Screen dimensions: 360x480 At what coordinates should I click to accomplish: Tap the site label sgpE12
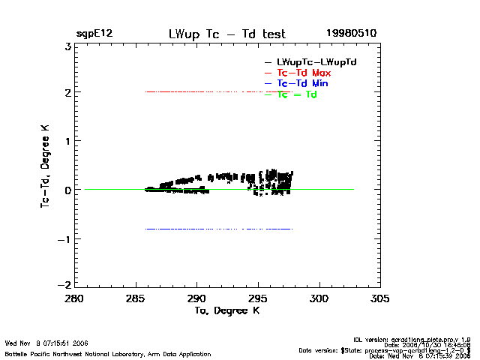click(x=94, y=34)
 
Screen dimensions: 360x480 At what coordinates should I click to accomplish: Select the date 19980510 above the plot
click(x=351, y=34)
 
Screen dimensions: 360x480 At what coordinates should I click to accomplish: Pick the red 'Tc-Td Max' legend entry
click(x=304, y=73)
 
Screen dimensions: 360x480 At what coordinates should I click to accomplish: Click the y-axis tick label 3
click(x=68, y=45)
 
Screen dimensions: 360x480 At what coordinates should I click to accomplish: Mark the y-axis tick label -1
click(x=66, y=239)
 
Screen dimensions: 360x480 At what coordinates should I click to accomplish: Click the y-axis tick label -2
click(x=66, y=286)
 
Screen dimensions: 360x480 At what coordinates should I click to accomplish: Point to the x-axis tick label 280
click(x=74, y=298)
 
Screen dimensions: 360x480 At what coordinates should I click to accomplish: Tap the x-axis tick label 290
click(x=196, y=298)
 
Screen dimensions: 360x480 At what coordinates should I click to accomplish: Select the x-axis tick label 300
click(x=319, y=298)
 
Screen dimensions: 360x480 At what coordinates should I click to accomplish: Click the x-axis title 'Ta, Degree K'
click(x=227, y=310)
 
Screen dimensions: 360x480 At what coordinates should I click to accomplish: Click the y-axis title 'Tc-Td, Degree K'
click(x=46, y=165)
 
